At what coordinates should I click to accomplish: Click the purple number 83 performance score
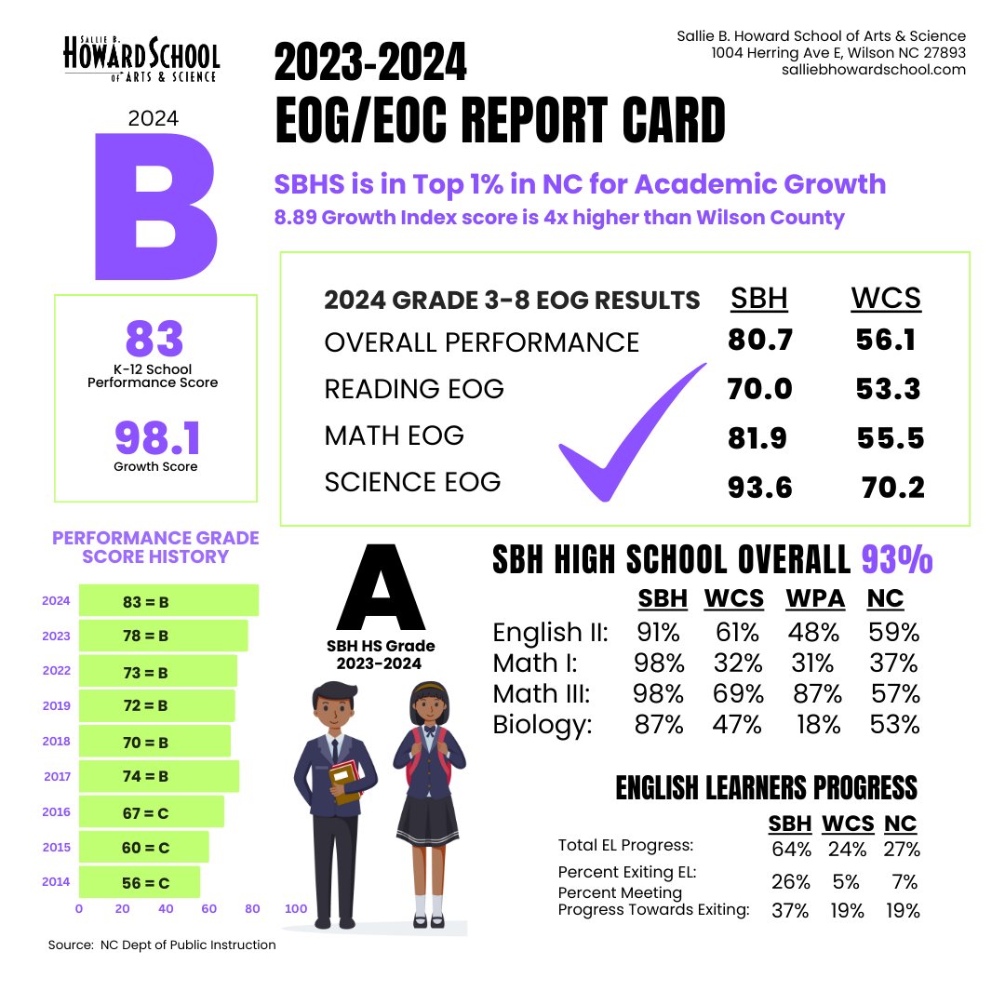[154, 339]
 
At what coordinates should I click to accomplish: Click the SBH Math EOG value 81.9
[759, 437]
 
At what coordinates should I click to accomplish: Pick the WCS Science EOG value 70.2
[892, 486]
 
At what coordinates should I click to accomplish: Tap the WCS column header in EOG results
[885, 299]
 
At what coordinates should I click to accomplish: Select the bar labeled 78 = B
[163, 636]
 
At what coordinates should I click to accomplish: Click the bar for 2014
[140, 882]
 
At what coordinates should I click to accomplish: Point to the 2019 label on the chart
[57, 706]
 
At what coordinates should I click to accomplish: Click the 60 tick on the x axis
[209, 908]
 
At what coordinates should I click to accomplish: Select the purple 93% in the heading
[896, 560]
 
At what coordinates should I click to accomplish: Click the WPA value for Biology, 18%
[818, 725]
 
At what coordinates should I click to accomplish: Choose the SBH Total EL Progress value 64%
[791, 849]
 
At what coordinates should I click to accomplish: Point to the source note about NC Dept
[162, 945]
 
